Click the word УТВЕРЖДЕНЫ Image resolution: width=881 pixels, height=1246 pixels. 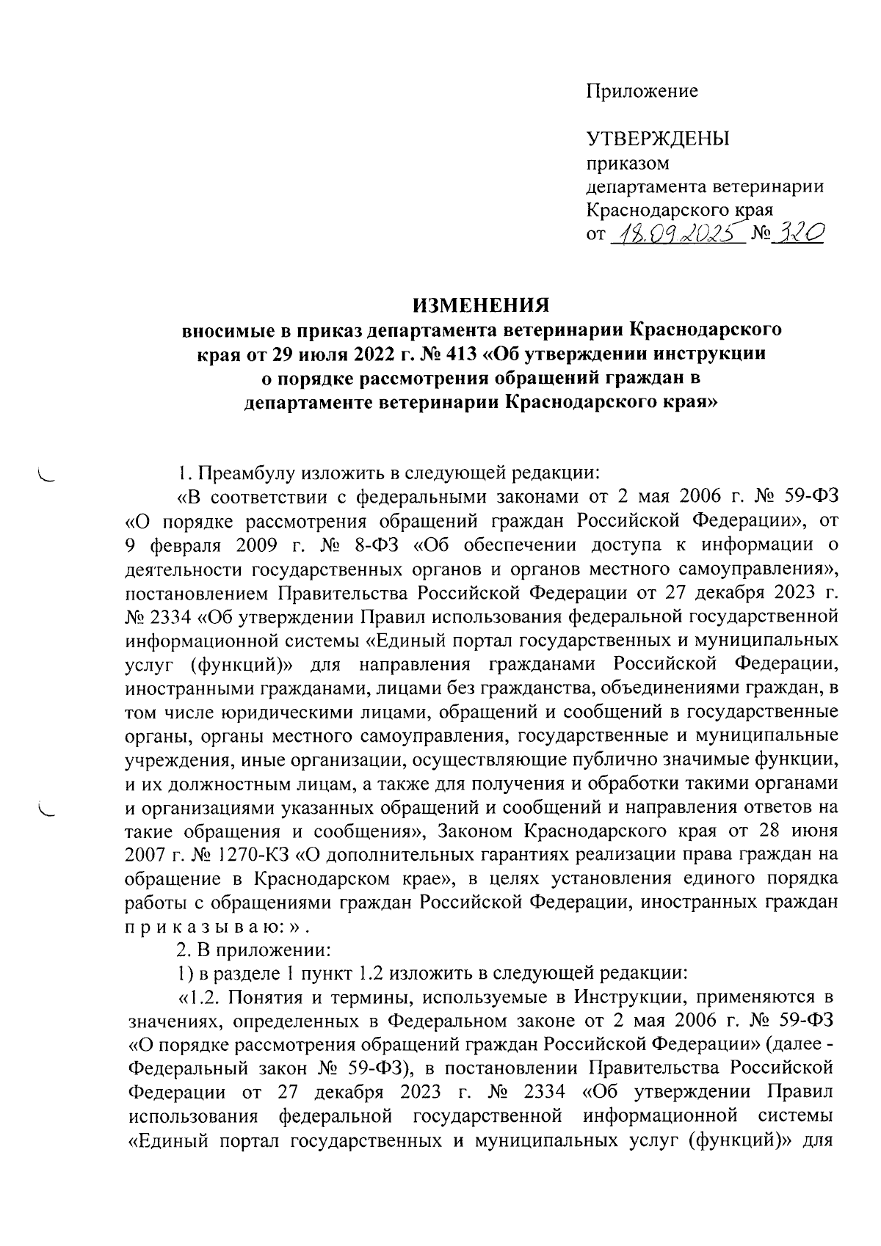click(657, 139)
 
